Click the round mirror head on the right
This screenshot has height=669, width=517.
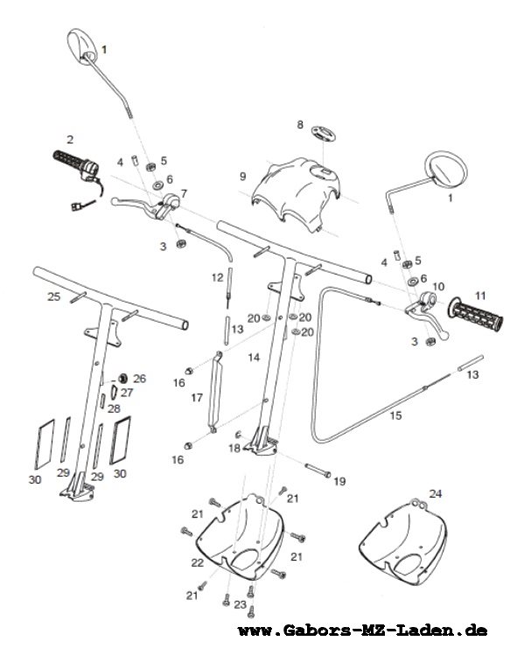point(446,170)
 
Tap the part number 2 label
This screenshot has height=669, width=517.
point(70,139)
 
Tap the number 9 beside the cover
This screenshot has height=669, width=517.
point(243,176)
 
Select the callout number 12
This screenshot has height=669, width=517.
point(217,278)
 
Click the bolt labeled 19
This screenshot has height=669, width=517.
point(318,470)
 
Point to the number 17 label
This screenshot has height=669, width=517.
point(196,398)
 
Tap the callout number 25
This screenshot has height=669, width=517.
point(53,296)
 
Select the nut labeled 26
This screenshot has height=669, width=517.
point(123,378)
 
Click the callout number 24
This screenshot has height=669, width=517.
point(436,493)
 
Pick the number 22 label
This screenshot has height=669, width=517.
point(197,563)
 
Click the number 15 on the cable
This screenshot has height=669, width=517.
point(395,415)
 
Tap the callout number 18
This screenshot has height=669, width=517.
point(234,449)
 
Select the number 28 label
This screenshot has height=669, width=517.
point(114,408)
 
